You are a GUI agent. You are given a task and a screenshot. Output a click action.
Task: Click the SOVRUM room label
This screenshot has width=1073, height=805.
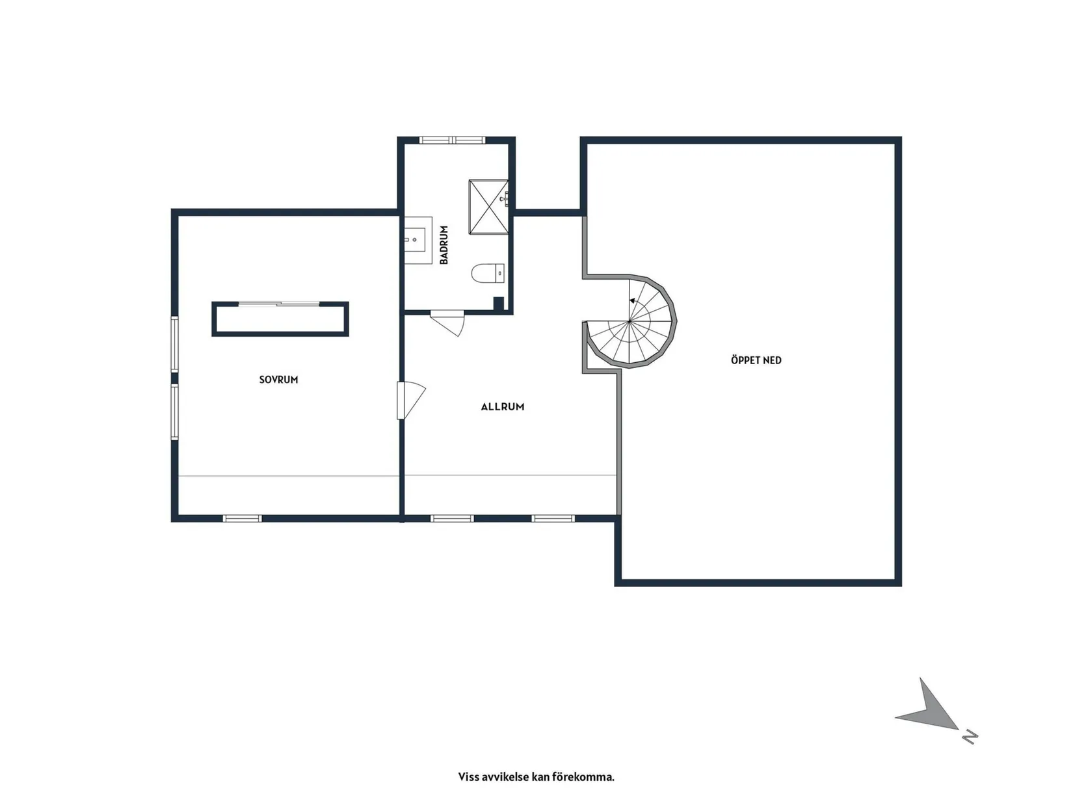(x=278, y=379)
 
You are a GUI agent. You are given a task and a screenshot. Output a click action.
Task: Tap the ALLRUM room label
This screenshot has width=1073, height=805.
(x=503, y=406)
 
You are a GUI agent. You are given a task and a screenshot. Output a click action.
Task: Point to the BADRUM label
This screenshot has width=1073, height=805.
(x=444, y=244)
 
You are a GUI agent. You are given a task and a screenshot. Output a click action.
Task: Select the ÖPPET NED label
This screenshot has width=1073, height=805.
(x=756, y=360)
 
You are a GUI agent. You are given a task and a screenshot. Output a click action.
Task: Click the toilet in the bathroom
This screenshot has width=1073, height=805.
(x=488, y=273)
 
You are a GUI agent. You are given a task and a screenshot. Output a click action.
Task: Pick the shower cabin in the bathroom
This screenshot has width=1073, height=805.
(x=488, y=207)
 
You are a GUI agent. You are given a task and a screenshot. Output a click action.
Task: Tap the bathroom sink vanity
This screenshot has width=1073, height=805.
(x=418, y=240)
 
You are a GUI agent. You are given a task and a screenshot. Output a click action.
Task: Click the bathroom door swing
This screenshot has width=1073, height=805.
(x=447, y=323)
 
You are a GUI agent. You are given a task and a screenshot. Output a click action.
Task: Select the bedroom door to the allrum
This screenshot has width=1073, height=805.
(x=410, y=400)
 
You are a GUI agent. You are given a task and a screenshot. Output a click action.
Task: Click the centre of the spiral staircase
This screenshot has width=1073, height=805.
(x=629, y=321)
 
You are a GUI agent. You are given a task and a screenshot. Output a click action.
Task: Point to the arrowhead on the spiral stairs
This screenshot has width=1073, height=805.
(x=633, y=301)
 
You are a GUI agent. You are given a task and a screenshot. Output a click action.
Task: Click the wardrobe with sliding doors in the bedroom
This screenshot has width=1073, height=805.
(x=280, y=319)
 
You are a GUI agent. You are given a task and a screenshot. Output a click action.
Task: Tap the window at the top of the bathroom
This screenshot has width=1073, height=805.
(x=453, y=140)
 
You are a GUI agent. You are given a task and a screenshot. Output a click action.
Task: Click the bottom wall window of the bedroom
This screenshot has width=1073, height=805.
(x=243, y=518)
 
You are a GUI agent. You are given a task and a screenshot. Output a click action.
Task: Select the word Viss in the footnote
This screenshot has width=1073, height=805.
(x=467, y=776)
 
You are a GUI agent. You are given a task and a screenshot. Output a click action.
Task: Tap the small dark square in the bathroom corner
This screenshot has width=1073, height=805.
(x=498, y=304)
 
